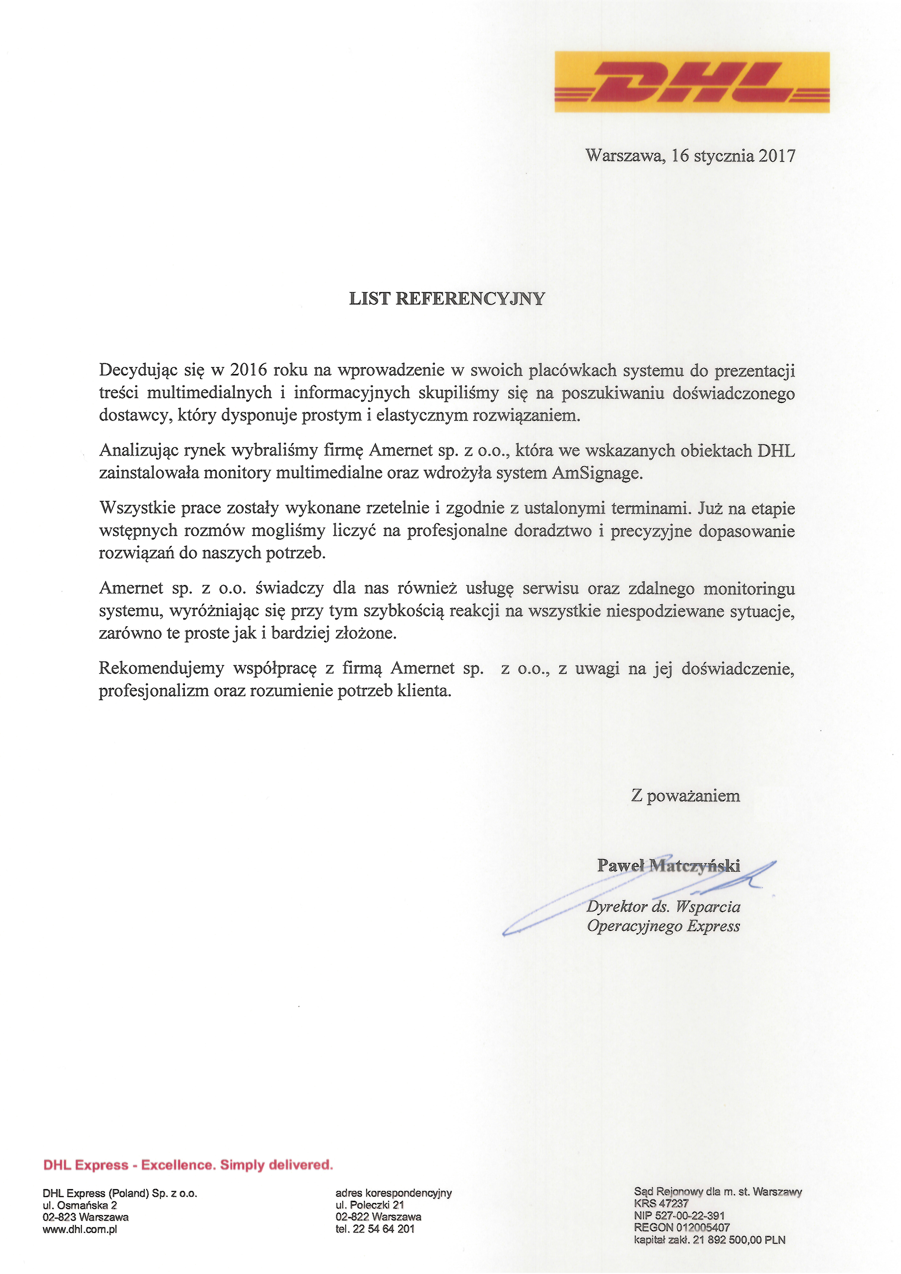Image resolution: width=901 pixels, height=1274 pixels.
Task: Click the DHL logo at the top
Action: point(692,82)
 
